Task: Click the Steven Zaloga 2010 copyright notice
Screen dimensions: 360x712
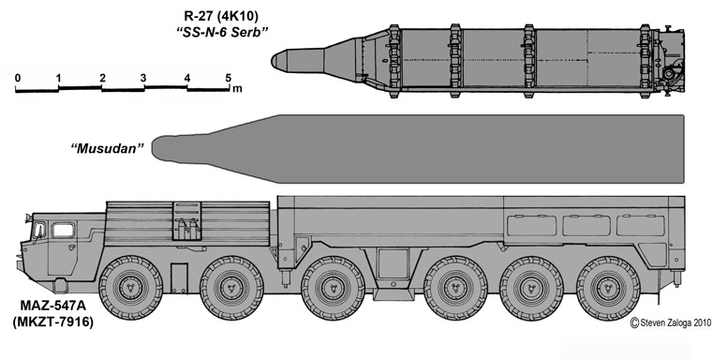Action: tap(665, 322)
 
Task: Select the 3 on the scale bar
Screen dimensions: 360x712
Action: tap(144, 77)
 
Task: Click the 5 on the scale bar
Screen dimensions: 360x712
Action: tap(229, 77)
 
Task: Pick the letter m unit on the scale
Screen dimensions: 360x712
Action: tap(238, 89)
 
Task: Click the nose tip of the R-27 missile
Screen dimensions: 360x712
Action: tap(274, 62)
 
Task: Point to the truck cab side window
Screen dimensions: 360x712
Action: tap(64, 230)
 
